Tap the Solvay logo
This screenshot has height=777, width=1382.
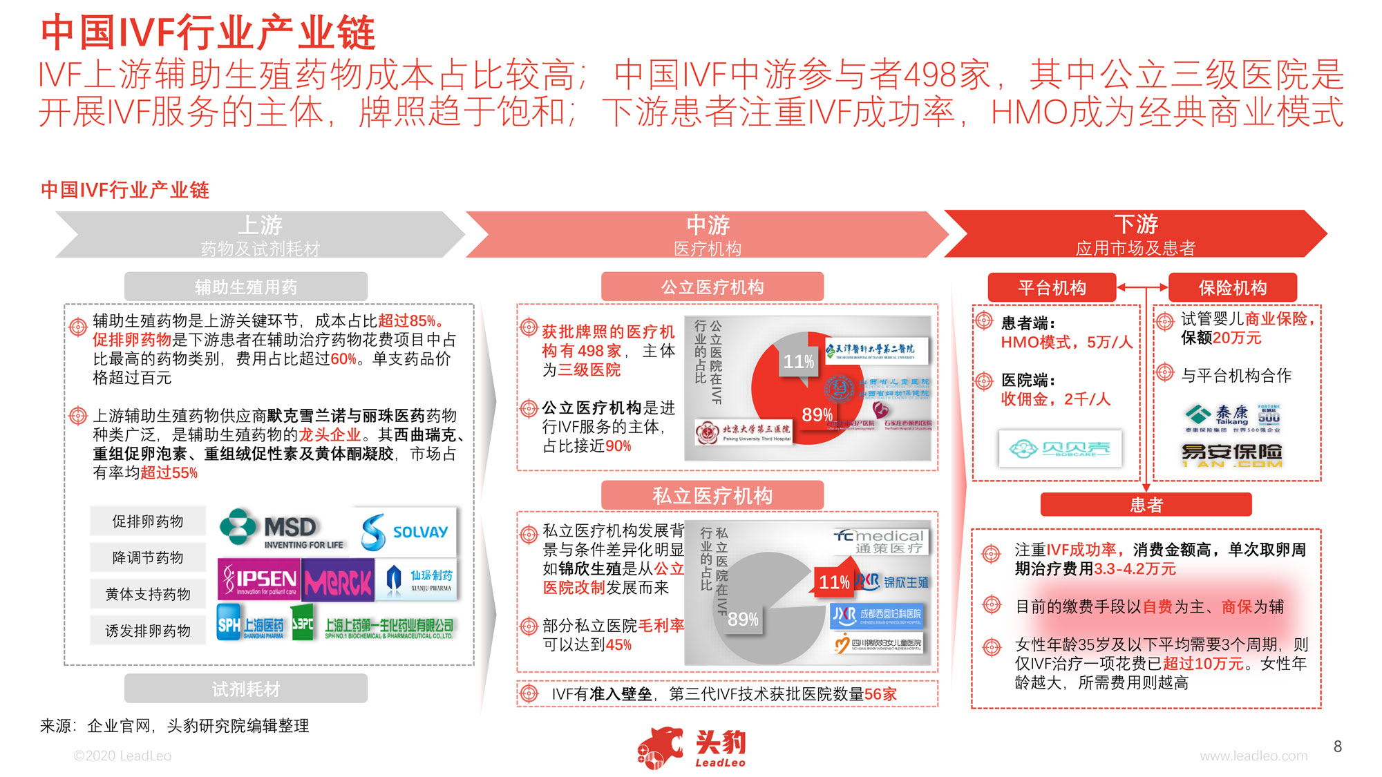pos(404,531)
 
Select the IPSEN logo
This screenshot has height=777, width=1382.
pos(259,579)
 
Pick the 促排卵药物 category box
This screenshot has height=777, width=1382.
pos(148,521)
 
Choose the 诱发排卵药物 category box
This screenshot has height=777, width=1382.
pos(148,631)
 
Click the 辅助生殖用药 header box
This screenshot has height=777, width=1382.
pos(245,287)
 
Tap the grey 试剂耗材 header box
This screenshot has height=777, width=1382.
pos(245,689)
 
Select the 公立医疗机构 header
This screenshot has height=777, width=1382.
pos(712,287)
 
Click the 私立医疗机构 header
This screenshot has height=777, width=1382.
pos(712,495)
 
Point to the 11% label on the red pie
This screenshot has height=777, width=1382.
pos(798,361)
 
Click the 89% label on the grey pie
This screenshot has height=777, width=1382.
pos(743,619)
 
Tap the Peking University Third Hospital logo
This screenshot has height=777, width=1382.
pos(744,432)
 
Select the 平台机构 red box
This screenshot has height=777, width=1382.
pos(1052,287)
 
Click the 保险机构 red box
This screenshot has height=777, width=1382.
pos(1232,287)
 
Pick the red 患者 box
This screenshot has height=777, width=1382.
pos(1146,505)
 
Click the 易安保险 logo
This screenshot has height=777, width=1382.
pos(1231,454)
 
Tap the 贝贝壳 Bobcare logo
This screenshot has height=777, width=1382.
pos(1060,449)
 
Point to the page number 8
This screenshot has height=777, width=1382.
pos(1338,746)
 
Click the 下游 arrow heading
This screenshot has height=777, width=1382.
pos(1135,233)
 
